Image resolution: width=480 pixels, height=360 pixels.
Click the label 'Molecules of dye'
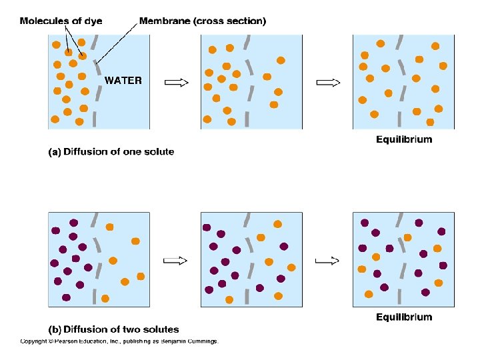point(61,21)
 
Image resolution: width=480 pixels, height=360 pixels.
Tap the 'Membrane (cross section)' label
point(203,21)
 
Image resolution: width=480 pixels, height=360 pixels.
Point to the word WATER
point(123,80)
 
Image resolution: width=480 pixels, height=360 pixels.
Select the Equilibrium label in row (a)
point(404,139)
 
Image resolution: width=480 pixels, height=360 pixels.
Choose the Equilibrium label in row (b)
point(404,317)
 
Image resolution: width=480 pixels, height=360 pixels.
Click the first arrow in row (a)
point(176,82)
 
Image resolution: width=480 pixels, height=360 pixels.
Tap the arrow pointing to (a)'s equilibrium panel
point(327,82)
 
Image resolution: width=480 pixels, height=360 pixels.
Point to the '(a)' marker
point(55,152)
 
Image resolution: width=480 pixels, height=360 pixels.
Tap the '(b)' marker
point(55,329)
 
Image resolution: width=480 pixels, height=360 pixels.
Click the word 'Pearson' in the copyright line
point(71,341)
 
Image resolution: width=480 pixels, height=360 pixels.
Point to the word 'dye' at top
point(93,21)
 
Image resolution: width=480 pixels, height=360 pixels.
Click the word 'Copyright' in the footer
point(33,341)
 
